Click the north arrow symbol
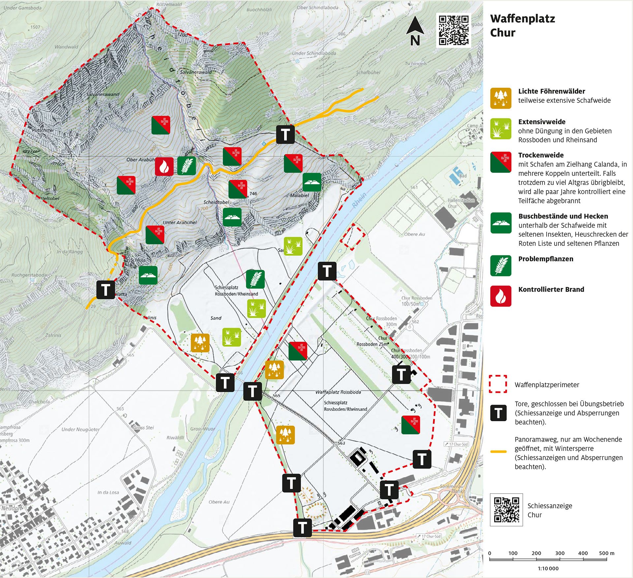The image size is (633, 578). pos(415,31)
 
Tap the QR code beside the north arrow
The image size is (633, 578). pos(453,30)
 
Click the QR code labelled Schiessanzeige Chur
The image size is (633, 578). pos(506,509)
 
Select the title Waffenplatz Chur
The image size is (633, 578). pos(522,25)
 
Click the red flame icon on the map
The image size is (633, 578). pos(164,166)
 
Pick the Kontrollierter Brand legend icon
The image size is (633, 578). pos(500,296)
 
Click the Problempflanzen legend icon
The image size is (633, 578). pos(500,266)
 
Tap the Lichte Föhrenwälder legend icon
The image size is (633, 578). pos(500,98)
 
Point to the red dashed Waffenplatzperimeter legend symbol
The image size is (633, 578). pos(497,384)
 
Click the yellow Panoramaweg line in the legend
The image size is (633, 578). pos(498,451)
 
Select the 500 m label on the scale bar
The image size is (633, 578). pos(606,553)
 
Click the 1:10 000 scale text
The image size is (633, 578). pos(548,568)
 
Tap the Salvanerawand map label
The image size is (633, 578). pos(103,95)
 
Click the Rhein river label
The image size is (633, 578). pos(359,200)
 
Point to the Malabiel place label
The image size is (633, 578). pos(299,195)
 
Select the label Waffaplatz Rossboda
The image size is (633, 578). pos(338,392)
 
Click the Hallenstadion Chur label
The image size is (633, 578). pos(461,203)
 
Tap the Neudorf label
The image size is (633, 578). pos(11,508)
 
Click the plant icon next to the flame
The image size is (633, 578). pos(187,166)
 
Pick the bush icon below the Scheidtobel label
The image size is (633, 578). pos(232,217)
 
